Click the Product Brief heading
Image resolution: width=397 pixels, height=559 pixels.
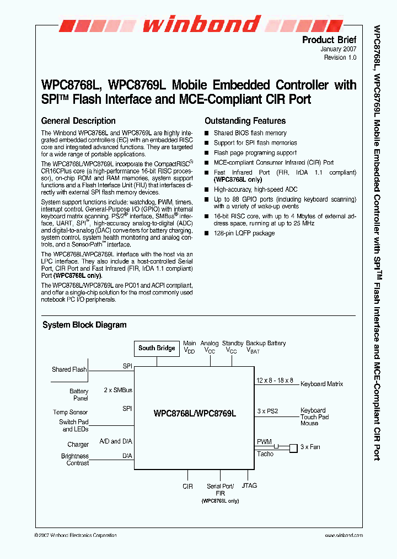tap(329, 40)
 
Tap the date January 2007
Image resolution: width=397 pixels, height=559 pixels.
tap(339, 49)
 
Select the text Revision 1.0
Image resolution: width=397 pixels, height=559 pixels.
tap(340, 57)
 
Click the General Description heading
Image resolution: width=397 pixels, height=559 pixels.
tap(78, 121)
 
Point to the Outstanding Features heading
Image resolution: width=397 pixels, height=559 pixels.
tap(245, 121)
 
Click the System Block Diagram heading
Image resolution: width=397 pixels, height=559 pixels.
tap(84, 325)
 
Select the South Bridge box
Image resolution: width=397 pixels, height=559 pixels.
tap(157, 348)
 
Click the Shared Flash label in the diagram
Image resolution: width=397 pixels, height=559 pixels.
tap(69, 370)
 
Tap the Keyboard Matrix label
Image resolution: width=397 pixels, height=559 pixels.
tap(321, 384)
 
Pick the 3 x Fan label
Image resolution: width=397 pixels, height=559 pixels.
tap(310, 446)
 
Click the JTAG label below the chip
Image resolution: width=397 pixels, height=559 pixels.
tap(249, 486)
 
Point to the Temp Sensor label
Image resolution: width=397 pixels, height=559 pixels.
tap(70, 412)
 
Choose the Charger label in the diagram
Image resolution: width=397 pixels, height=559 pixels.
tap(78, 444)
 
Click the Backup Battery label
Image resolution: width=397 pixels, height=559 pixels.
tap(266, 343)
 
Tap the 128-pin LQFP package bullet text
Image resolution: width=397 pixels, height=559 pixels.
tap(244, 234)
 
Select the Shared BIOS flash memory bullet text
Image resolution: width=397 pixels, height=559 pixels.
tap(250, 133)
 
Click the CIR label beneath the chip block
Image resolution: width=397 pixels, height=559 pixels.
tap(187, 487)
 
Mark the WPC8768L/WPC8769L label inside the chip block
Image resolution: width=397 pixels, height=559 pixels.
tap(195, 413)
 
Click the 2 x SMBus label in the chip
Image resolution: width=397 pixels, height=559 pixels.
tap(118, 390)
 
